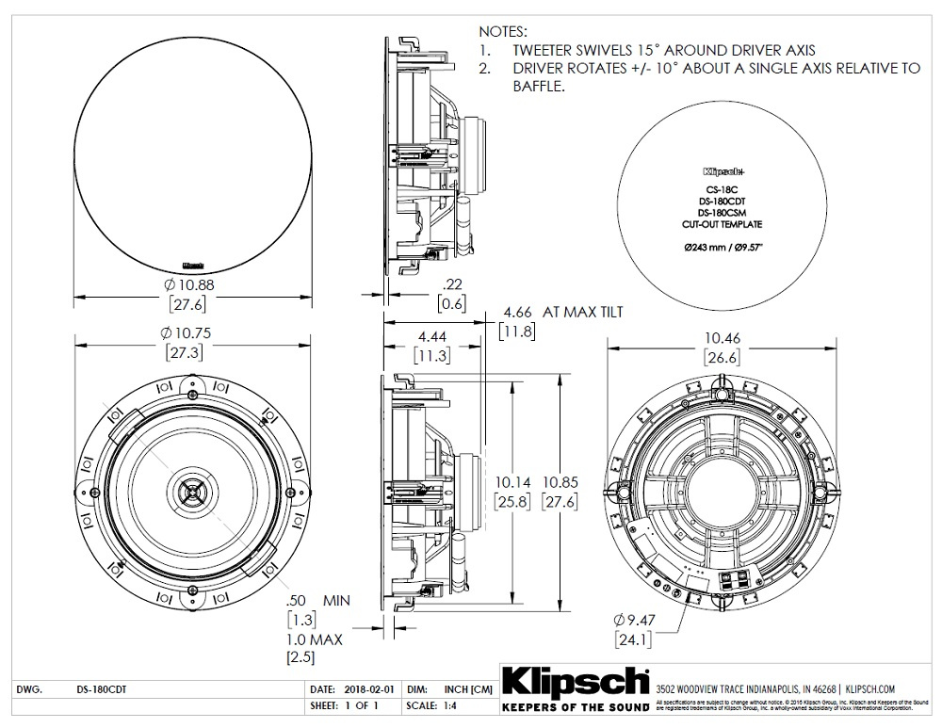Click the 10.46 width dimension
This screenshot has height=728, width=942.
tap(720, 336)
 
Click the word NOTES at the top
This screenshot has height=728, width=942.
tap(504, 31)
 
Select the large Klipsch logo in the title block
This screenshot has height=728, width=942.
tap(577, 681)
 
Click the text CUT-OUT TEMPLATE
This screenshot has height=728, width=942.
tap(723, 225)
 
